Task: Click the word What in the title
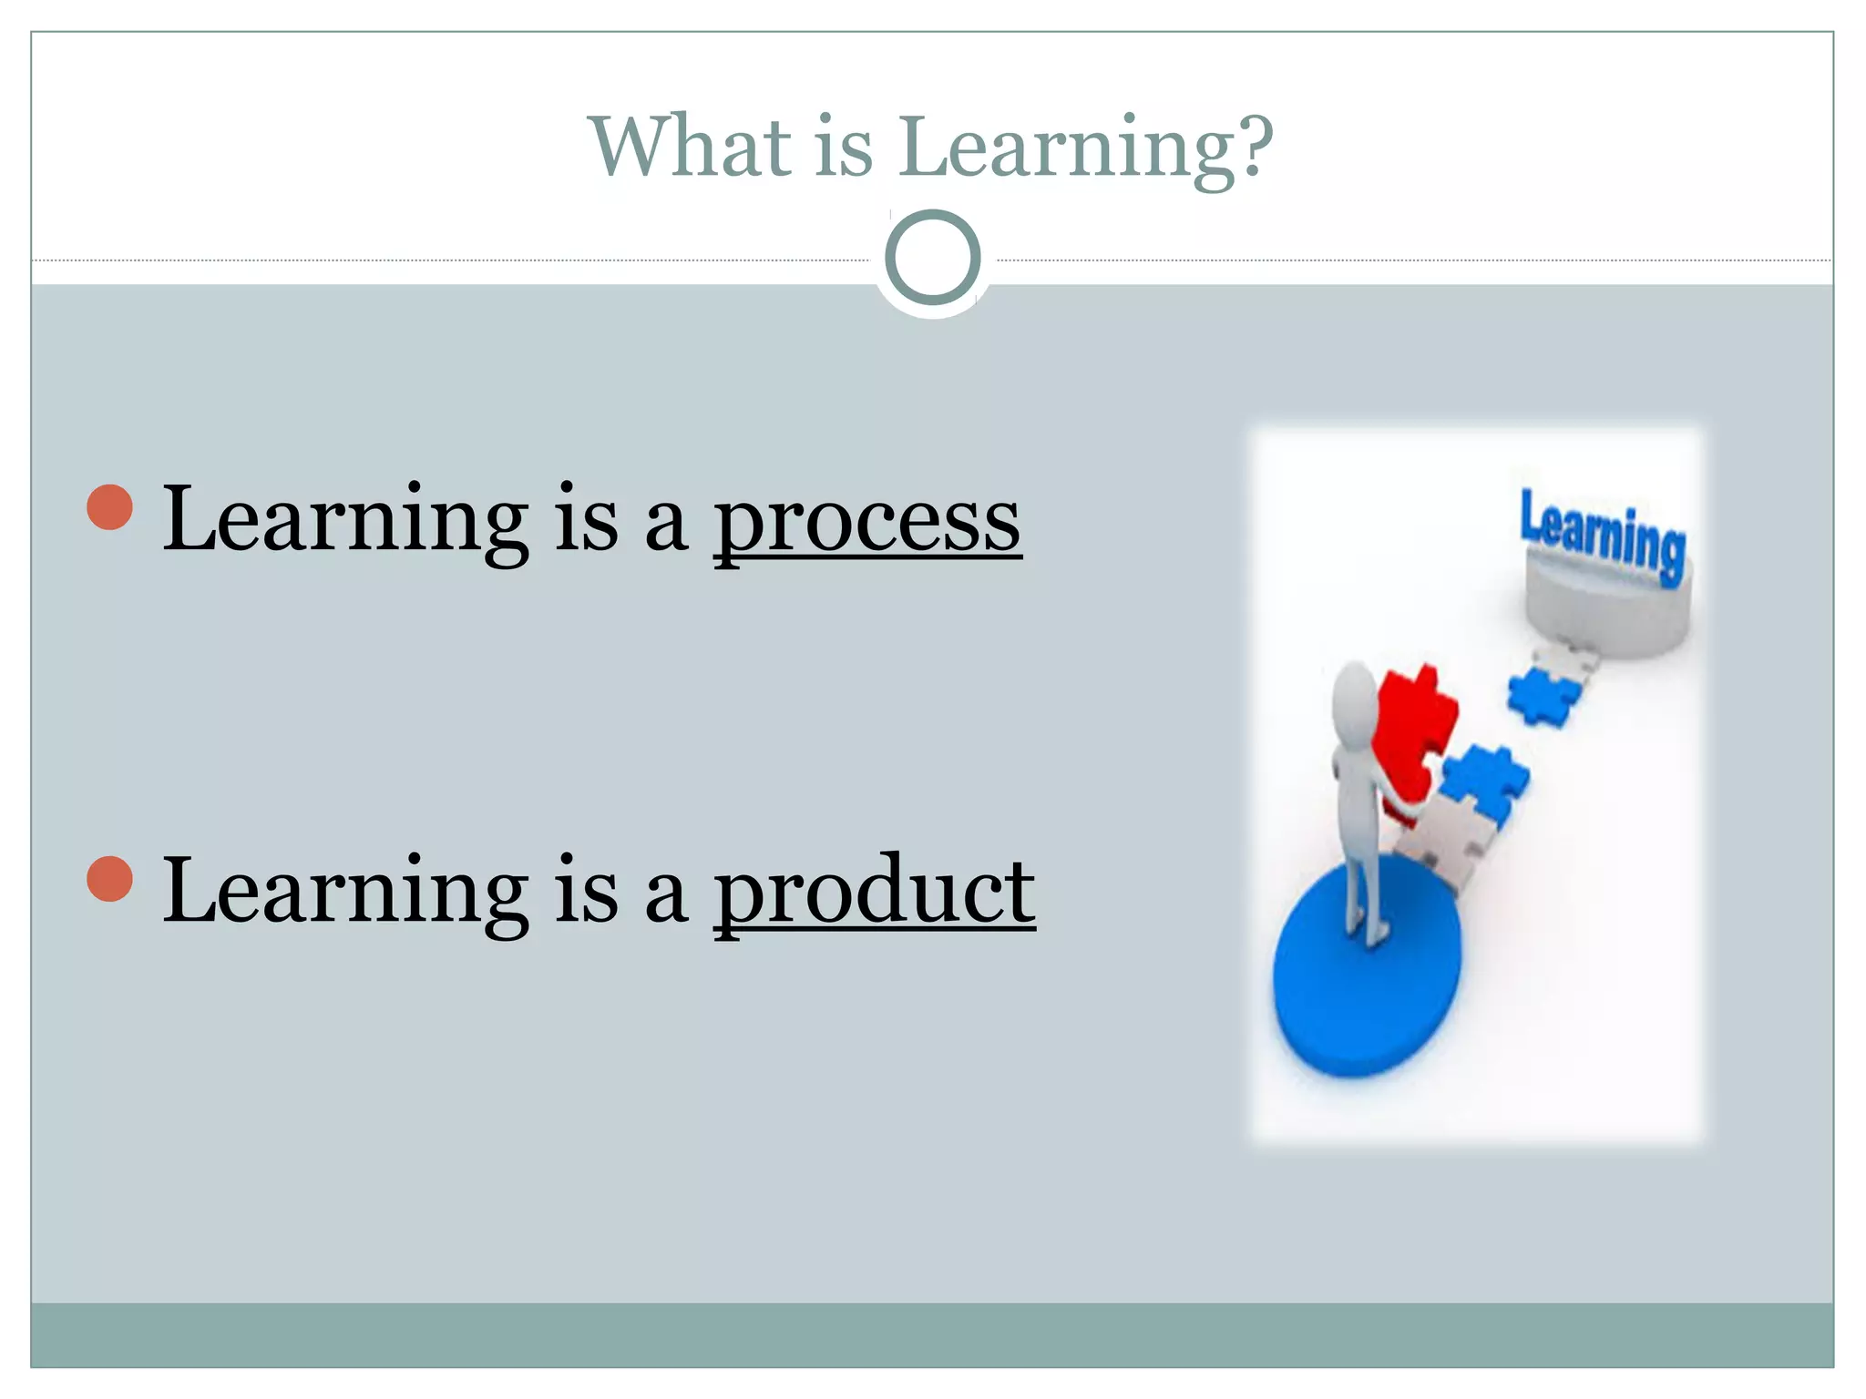[691, 148]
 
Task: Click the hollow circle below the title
[932, 258]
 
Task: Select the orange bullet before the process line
[110, 507]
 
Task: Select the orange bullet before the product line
[110, 879]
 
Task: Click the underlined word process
[866, 521]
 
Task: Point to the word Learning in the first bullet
[345, 521]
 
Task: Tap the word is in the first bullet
[586, 521]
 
